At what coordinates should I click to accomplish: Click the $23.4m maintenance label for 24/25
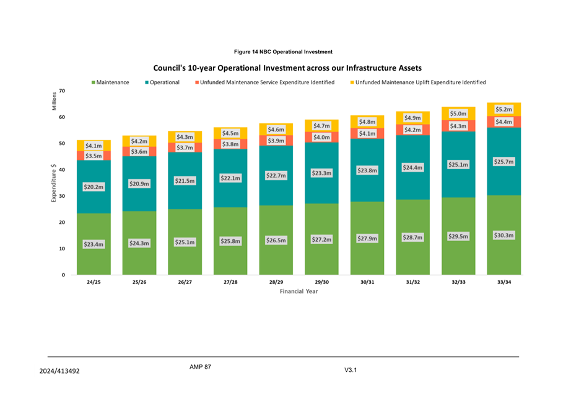click(x=94, y=244)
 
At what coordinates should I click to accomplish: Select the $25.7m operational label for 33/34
click(x=503, y=161)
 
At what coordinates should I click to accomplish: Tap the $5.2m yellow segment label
click(x=503, y=109)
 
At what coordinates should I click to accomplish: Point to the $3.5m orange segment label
click(x=94, y=156)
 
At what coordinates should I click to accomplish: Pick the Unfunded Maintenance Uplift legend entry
click(x=418, y=82)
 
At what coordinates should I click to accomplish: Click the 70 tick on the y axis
click(x=62, y=91)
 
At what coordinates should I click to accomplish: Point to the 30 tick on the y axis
click(x=62, y=196)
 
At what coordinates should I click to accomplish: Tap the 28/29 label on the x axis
click(x=276, y=282)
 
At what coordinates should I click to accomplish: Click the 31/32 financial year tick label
click(x=412, y=282)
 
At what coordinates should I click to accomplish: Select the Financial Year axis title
click(x=298, y=291)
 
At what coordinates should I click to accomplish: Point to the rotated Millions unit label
click(x=54, y=100)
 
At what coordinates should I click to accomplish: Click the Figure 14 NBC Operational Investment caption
click(x=283, y=51)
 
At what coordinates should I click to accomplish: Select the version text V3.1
click(x=351, y=370)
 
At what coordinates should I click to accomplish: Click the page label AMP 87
click(x=200, y=367)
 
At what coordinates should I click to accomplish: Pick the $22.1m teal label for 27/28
click(x=230, y=178)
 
